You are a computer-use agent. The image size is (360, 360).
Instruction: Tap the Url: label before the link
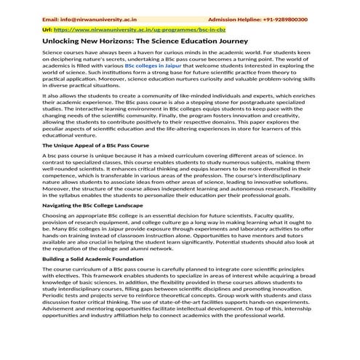pos(48,32)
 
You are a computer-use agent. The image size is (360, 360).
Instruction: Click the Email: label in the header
pos(52,20)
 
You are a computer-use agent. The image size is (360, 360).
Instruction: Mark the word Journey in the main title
pos(240,43)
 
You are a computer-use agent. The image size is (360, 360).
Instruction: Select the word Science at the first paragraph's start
pos(54,54)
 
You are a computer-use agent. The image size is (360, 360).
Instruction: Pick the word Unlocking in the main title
pos(63,43)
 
